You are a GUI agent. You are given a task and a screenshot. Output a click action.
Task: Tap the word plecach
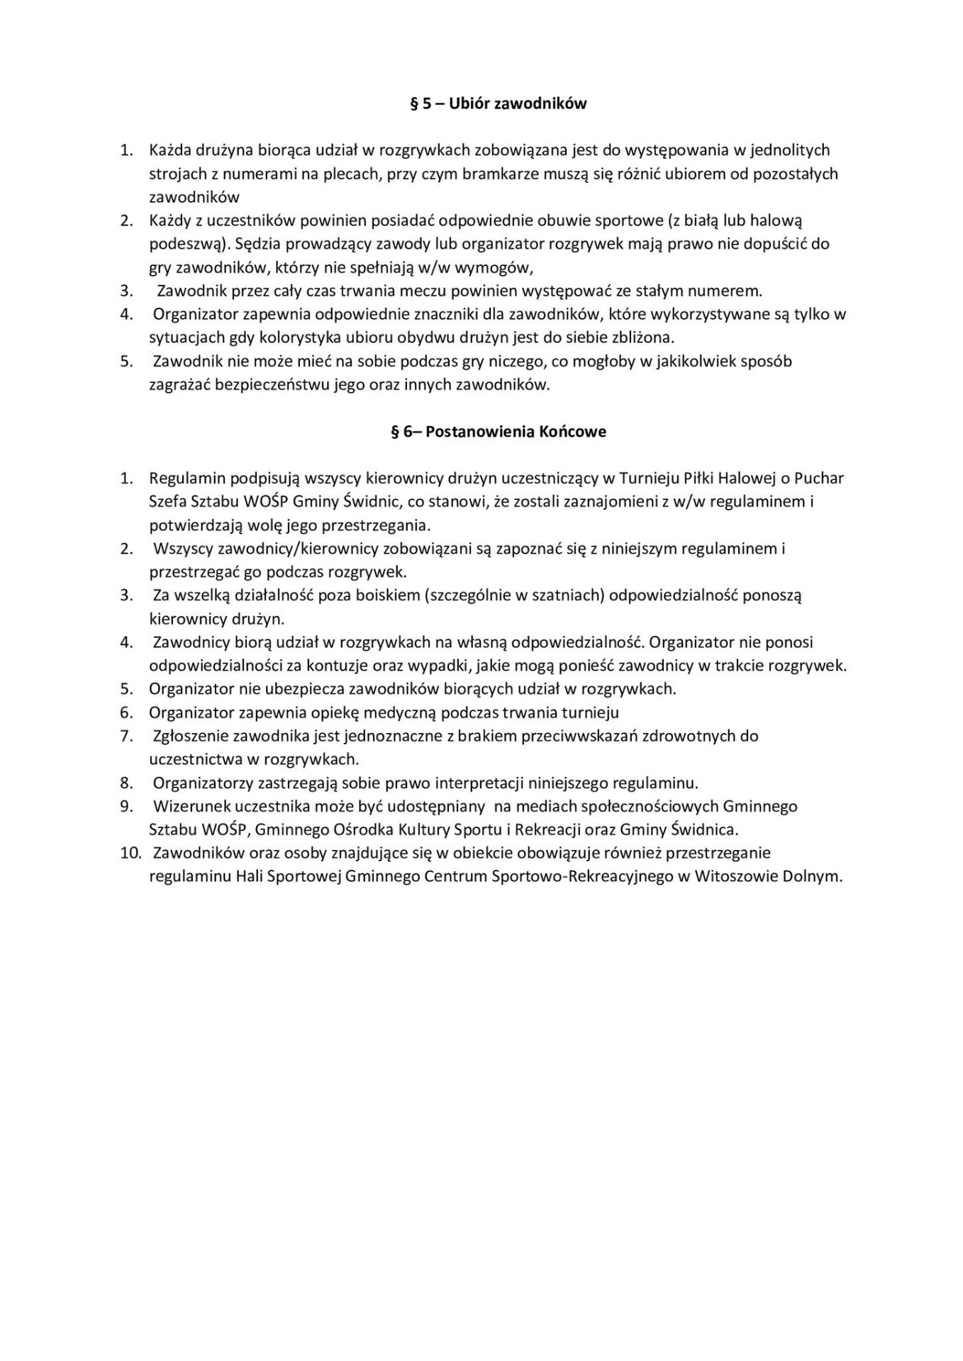(x=354, y=174)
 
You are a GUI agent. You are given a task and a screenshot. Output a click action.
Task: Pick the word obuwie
(x=574, y=220)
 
